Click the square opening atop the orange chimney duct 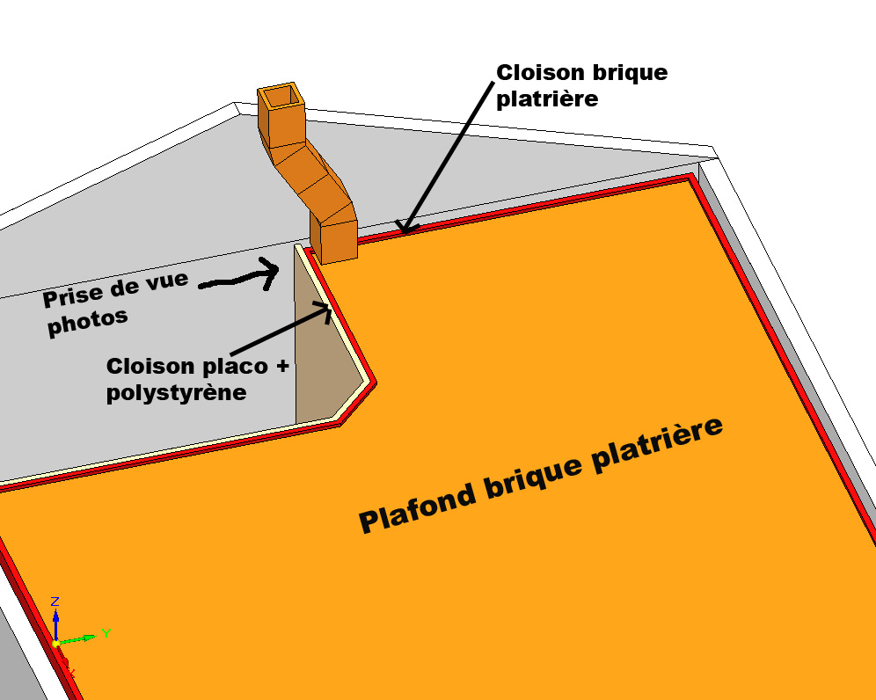(281, 96)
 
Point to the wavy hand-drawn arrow (237, 279)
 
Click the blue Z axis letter (55, 602)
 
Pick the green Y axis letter (106, 632)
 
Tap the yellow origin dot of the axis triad (55, 644)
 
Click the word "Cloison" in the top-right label (536, 72)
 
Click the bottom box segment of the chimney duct (333, 240)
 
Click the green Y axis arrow (79, 638)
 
